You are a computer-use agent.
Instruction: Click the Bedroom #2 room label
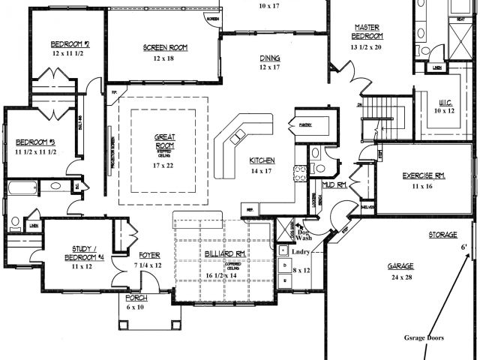[70, 43]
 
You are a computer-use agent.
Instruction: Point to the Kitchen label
[262, 160]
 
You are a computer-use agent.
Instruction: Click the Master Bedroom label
[368, 31]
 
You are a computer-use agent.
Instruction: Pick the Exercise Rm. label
[424, 175]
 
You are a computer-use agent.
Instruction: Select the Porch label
[136, 298]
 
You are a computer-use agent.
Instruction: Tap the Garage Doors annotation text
[423, 337]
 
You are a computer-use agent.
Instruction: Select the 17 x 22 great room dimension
[165, 164]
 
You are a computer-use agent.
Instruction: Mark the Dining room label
[270, 58]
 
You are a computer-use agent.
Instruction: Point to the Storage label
[442, 235]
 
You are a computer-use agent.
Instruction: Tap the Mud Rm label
[333, 184]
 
